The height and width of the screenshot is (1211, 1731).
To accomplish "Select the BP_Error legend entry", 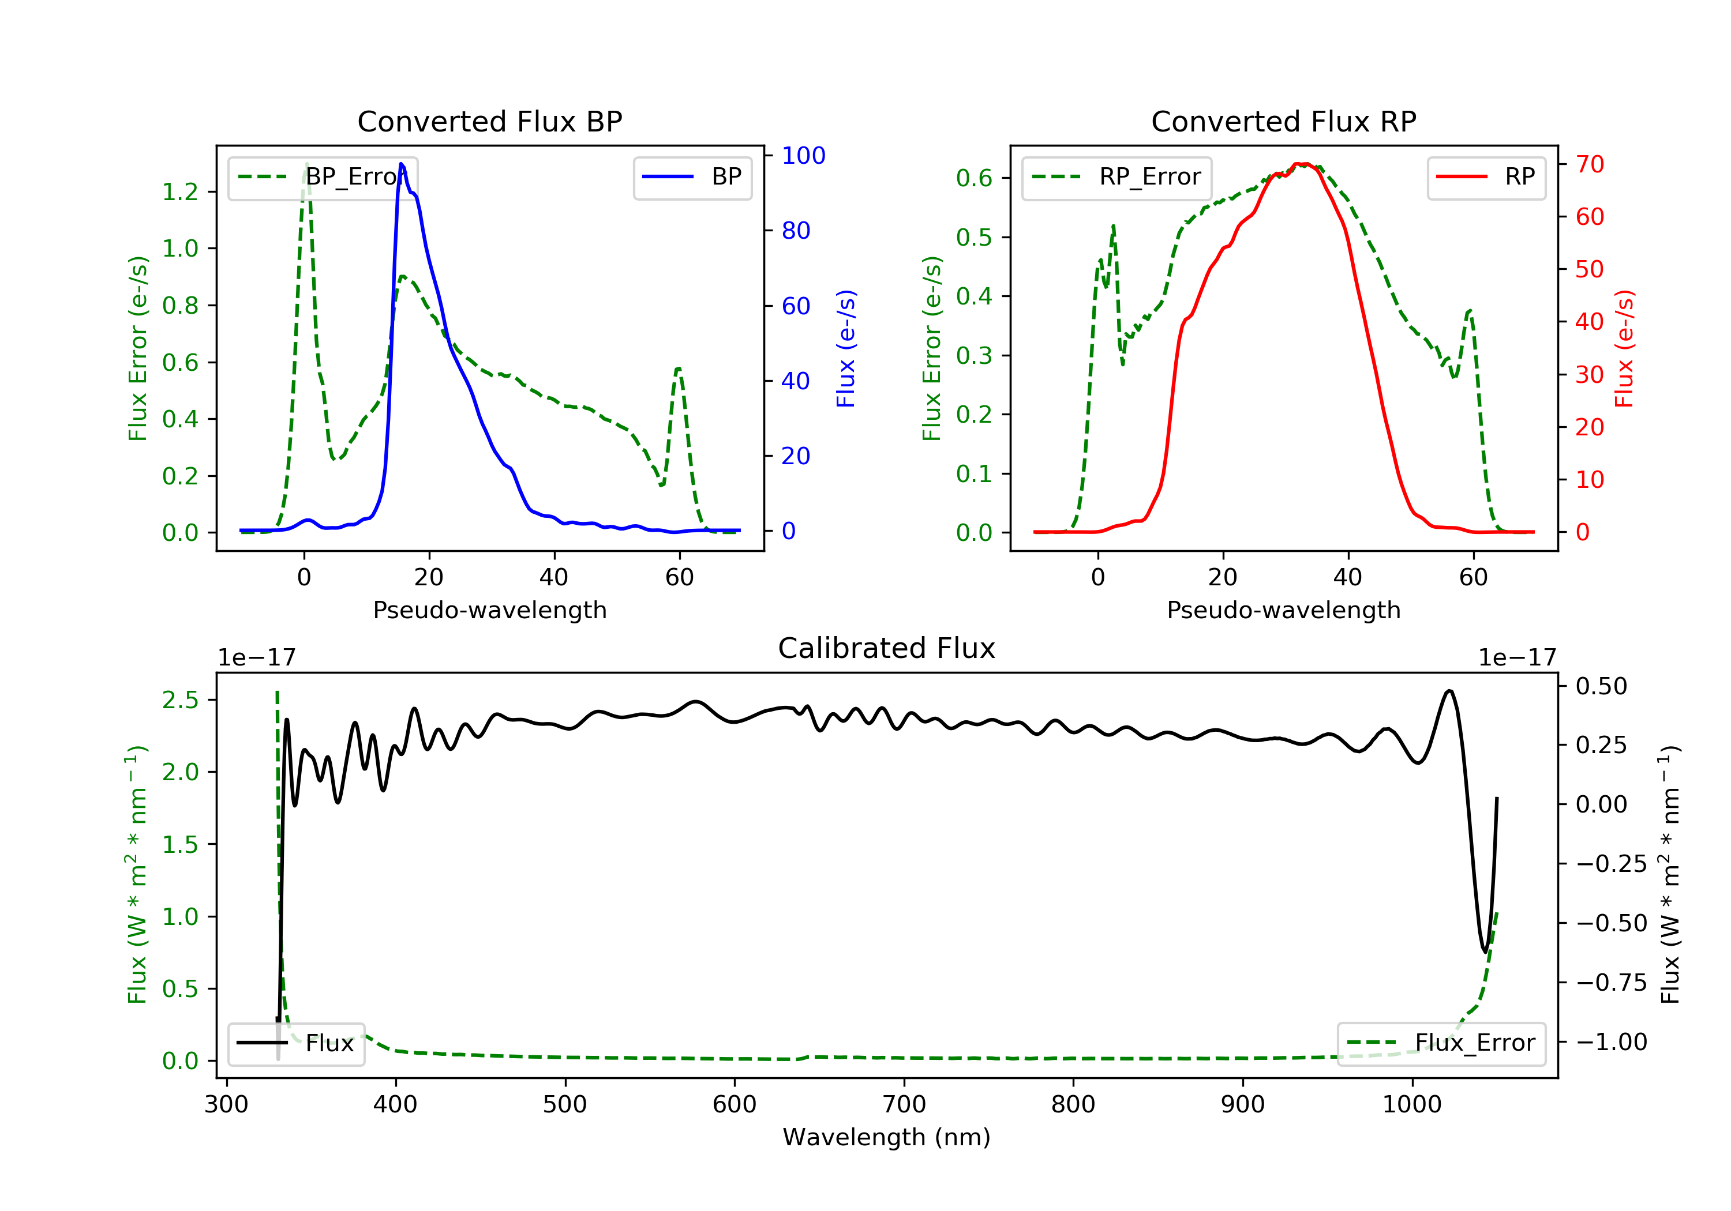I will tap(323, 177).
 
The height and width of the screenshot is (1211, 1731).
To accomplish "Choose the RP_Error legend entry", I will tap(1116, 177).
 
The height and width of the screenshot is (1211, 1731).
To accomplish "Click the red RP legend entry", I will tap(1486, 177).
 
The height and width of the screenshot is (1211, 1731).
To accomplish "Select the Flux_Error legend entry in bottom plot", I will tap(1441, 1043).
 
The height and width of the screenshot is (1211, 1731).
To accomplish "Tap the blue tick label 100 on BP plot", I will tap(803, 156).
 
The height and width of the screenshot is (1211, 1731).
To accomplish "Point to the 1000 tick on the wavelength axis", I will tap(1411, 1105).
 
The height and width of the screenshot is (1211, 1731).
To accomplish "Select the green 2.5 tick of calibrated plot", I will tap(180, 700).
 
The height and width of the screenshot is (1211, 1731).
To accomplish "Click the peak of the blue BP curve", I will tap(401, 164).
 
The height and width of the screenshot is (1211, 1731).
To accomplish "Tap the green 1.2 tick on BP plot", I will tap(180, 192).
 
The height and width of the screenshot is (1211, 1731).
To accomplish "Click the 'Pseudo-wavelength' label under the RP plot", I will tap(1283, 610).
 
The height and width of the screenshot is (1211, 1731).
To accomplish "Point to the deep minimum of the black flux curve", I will tap(1485, 951).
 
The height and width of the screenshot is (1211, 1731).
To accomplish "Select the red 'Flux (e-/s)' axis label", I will tap(1624, 349).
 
